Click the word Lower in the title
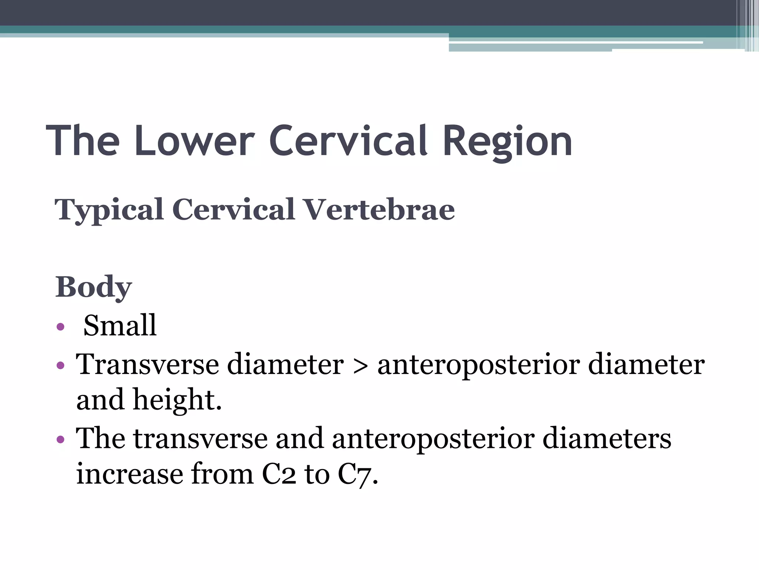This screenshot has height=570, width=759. (x=195, y=141)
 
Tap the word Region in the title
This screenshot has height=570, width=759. (x=507, y=142)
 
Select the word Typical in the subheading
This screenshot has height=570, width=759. (x=109, y=210)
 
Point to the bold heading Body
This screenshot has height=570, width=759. (x=93, y=287)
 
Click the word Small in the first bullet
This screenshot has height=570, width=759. (x=120, y=325)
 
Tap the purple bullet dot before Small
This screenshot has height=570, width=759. (x=61, y=327)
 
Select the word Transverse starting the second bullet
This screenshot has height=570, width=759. (x=148, y=364)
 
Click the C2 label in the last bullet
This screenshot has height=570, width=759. (x=279, y=474)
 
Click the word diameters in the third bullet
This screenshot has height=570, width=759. (x=607, y=438)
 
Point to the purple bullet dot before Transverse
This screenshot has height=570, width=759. (x=61, y=366)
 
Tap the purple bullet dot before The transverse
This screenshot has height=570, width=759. (x=61, y=440)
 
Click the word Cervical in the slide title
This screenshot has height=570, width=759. (x=348, y=141)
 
